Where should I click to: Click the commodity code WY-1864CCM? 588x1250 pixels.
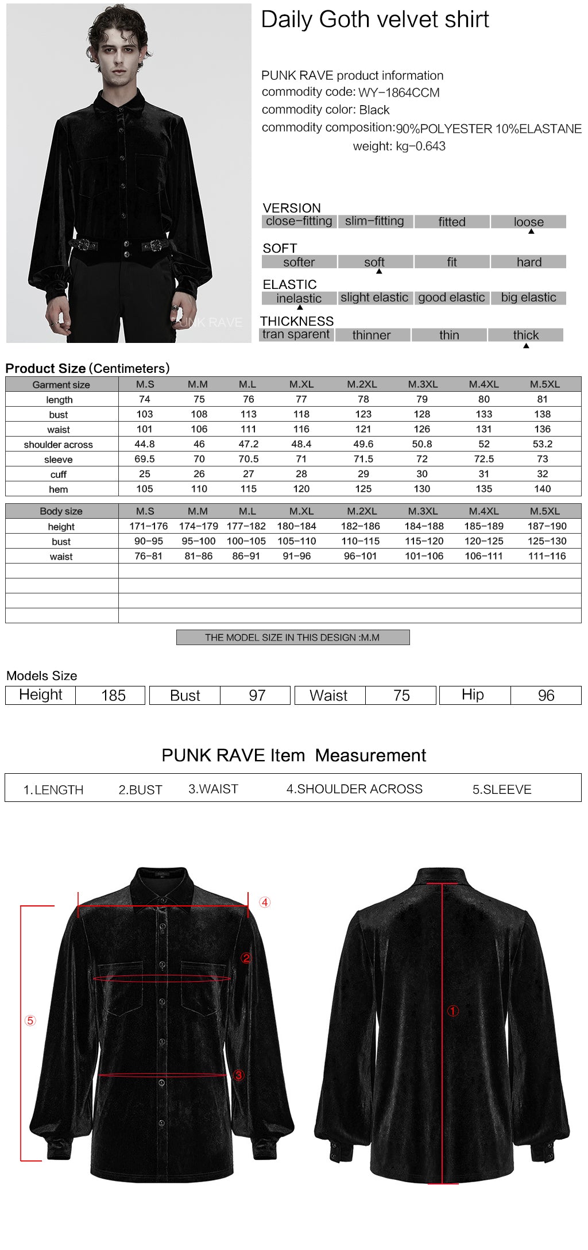[399, 92]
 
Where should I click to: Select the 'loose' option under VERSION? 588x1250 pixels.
[528, 222]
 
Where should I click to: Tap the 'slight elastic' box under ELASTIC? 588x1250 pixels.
[374, 298]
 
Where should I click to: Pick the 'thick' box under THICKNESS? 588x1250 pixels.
[525, 335]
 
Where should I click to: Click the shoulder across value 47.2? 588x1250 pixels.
[248, 444]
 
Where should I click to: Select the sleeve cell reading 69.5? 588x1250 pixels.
[145, 459]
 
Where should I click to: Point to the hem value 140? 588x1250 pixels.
[542, 489]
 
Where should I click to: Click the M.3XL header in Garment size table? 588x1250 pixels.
[423, 384]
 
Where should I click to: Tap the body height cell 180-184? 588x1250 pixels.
[296, 526]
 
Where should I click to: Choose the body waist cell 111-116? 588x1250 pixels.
[547, 555]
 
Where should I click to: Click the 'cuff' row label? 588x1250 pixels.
[59, 474]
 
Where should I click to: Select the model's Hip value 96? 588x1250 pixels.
[546, 696]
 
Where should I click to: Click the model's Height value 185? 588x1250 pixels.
[113, 696]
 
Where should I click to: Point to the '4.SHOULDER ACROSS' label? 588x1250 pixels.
[354, 789]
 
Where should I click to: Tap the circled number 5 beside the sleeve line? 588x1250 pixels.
[30, 1021]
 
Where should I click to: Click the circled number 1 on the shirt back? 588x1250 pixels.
[453, 1011]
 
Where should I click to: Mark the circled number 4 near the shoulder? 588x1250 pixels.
[265, 902]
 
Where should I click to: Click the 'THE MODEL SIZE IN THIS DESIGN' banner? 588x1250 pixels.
[292, 638]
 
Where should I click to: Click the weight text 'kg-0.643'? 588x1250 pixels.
[420, 146]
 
